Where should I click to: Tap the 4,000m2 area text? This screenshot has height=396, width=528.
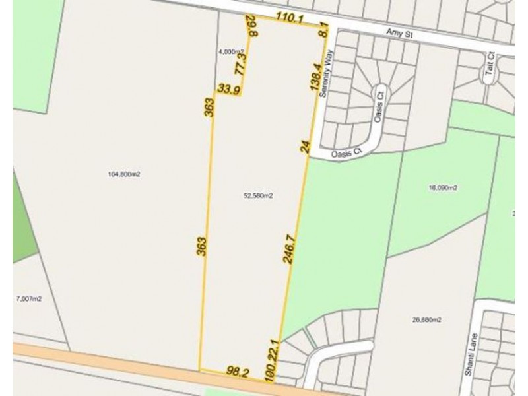pyautogui.click(x=231, y=51)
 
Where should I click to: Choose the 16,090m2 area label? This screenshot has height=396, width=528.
pyautogui.click(x=444, y=188)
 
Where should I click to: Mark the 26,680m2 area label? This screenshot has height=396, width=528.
pyautogui.click(x=426, y=320)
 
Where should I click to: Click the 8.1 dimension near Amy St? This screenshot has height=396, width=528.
pyautogui.click(x=323, y=33)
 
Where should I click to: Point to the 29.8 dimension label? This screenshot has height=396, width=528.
pyautogui.click(x=250, y=26)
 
